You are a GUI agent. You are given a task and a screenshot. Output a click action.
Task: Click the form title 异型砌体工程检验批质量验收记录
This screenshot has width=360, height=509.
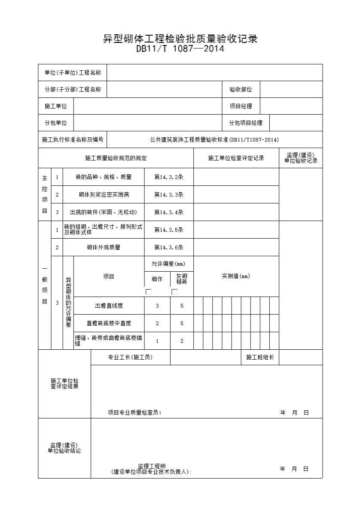(180, 39)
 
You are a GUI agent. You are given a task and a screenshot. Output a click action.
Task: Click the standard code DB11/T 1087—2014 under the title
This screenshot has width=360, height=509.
(180, 49)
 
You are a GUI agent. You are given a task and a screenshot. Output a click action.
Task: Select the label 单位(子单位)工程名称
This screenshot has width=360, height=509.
(73, 73)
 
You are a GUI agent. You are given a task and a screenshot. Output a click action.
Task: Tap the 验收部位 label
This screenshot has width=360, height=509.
(241, 90)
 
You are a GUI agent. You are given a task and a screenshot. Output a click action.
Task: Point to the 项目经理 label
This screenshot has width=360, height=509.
(241, 106)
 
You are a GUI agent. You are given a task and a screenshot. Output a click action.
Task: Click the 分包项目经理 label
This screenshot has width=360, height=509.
(245, 123)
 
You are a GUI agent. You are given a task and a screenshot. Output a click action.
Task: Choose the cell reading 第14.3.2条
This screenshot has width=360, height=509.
(169, 177)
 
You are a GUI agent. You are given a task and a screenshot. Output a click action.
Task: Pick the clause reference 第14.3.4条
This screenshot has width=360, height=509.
(169, 212)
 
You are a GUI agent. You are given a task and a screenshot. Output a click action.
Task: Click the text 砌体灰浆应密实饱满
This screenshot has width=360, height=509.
(104, 194)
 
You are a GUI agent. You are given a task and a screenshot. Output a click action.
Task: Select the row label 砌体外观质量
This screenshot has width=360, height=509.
(104, 247)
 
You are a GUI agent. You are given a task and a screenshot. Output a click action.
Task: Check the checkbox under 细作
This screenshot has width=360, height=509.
(149, 292)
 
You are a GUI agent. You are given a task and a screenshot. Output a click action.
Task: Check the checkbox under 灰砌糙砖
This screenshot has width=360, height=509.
(174, 292)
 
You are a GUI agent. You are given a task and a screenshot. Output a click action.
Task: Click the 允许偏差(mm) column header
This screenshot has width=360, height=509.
(169, 264)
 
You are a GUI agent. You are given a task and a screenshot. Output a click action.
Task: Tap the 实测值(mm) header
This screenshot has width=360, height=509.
(236, 276)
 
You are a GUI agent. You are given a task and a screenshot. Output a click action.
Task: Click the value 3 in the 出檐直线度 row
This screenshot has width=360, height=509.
(157, 306)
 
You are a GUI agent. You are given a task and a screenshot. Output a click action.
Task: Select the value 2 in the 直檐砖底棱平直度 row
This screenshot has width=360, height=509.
(157, 323)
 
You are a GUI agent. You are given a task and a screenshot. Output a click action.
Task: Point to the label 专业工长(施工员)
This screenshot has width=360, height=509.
(130, 357)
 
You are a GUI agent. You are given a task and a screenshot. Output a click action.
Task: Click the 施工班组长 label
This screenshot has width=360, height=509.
(260, 357)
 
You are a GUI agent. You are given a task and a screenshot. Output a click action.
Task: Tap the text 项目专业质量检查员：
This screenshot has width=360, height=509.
(134, 413)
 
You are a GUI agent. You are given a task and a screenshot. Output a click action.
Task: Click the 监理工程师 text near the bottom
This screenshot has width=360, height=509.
(152, 466)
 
